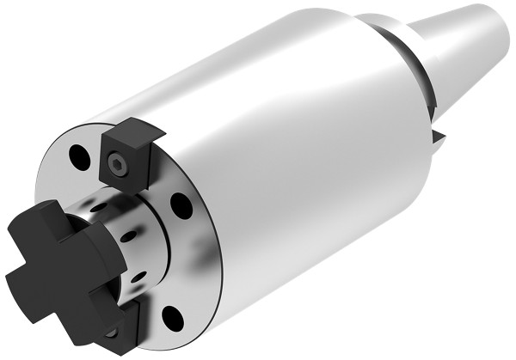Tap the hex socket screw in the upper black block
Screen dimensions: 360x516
118,164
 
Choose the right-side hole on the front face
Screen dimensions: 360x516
181,206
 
